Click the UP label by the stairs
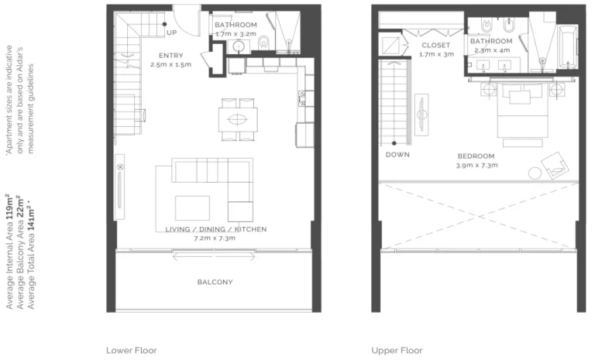(171, 33)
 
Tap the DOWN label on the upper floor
(397, 155)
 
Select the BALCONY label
(215, 283)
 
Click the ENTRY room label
(170, 56)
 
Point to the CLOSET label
(436, 45)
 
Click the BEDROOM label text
(476, 156)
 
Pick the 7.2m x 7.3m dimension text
(215, 238)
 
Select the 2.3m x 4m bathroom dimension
(492, 50)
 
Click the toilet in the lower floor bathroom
(263, 43)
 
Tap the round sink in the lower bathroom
(239, 46)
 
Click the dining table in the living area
(238, 119)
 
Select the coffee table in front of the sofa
(192, 207)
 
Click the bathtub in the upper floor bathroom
(569, 47)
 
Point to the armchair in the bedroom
(555, 166)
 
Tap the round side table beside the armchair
(535, 173)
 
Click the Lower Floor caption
(131, 351)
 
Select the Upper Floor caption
(397, 351)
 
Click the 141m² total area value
(31, 220)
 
